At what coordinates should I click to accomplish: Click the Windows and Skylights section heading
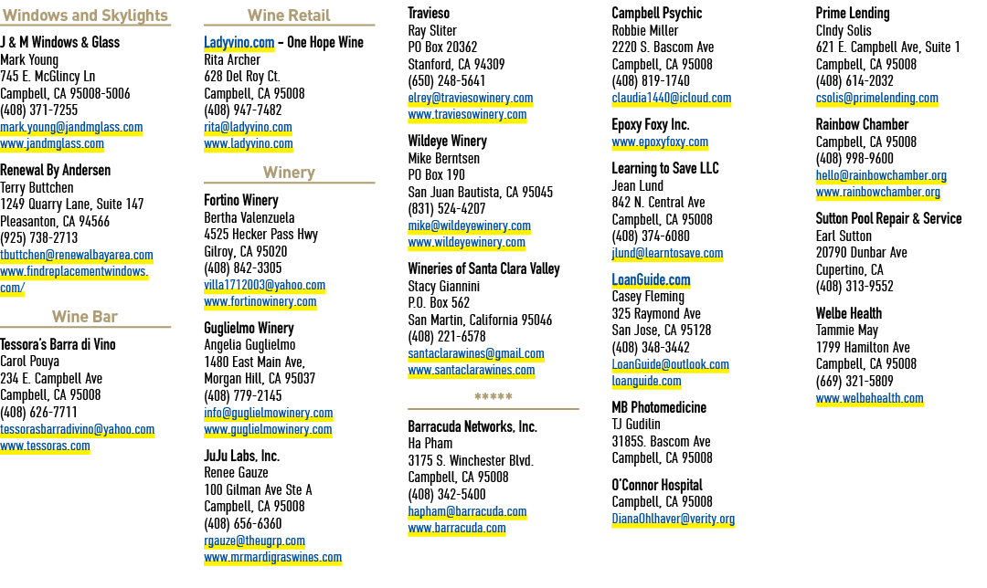[x=85, y=16]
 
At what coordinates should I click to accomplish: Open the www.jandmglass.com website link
[x=52, y=144]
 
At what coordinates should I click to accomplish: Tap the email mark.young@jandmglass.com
[x=71, y=127]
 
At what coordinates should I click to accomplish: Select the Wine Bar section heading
[x=85, y=316]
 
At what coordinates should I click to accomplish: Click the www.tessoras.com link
[x=45, y=446]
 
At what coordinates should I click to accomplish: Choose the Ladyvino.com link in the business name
[x=239, y=42]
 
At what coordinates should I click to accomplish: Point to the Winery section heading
[x=289, y=173]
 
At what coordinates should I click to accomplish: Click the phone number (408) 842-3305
[x=243, y=268]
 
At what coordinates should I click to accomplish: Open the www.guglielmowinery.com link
[x=268, y=429]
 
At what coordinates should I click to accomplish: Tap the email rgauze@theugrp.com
[x=254, y=541]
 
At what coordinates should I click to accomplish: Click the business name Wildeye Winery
[x=448, y=141]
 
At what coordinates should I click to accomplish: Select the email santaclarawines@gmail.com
[x=476, y=353]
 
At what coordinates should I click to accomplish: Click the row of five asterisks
[x=493, y=397]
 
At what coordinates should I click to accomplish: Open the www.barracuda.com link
[x=457, y=529]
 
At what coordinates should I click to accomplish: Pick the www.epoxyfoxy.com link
[x=661, y=142]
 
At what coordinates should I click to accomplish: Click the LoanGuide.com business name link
[x=651, y=280]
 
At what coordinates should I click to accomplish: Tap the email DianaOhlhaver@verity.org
[x=674, y=519]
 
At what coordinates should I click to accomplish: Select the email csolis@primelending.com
[x=876, y=98]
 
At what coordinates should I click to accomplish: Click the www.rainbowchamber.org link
[x=878, y=193]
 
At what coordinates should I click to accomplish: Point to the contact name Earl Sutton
[x=844, y=236]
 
